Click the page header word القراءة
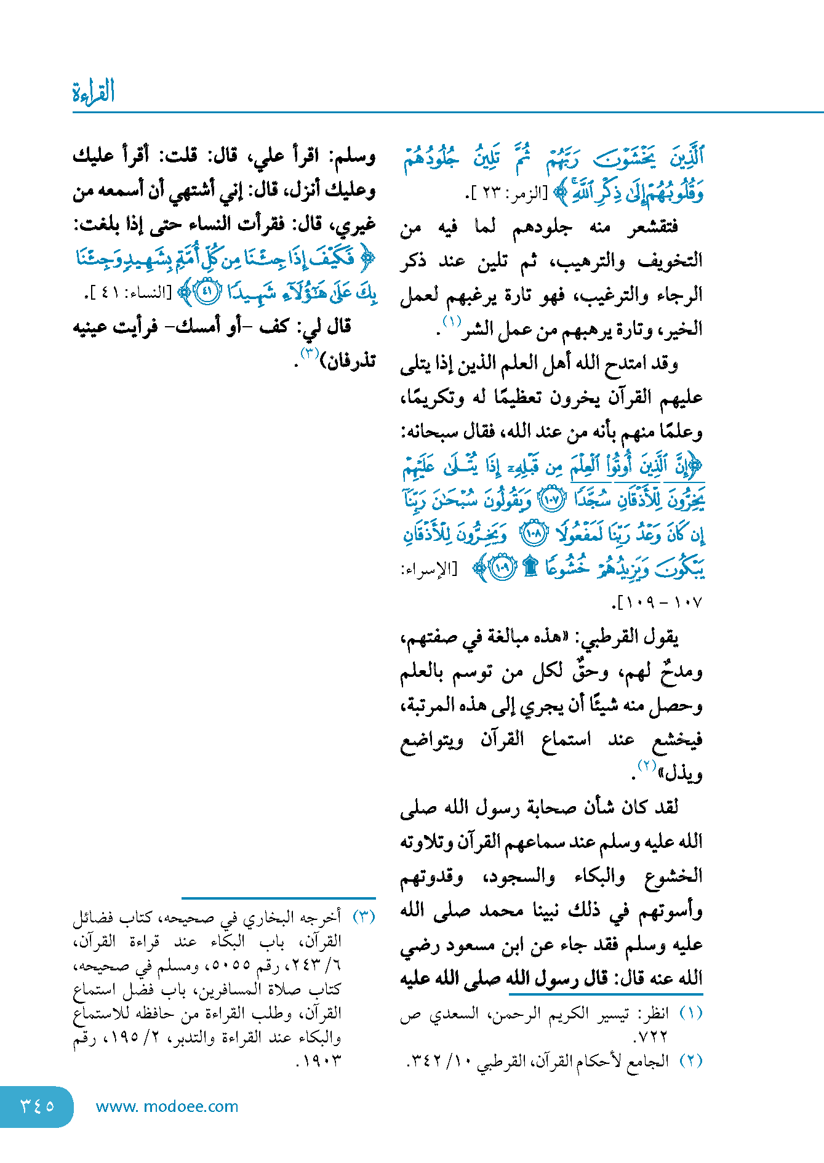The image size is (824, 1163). (94, 92)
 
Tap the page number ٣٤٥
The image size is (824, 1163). (37, 1106)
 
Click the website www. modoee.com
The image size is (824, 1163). (167, 1106)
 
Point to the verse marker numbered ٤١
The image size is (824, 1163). (207, 292)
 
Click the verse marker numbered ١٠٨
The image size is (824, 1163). (533, 534)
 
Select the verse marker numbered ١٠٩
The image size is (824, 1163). (503, 568)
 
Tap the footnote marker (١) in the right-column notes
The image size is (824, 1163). (690, 1013)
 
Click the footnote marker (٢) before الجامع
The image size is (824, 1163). (690, 1061)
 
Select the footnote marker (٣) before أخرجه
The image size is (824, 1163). (364, 917)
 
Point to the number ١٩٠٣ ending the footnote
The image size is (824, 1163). (320, 1061)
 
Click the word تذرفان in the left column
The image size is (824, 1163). (351, 361)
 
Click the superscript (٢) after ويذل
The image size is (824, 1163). (647, 766)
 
